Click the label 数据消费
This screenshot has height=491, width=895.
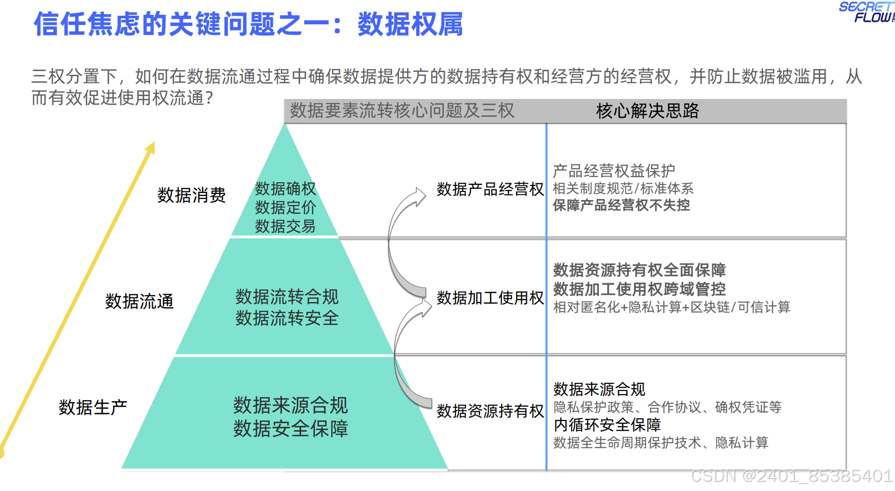[x=191, y=195]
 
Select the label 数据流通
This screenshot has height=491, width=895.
[x=139, y=301]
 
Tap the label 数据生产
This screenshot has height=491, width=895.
[x=92, y=407]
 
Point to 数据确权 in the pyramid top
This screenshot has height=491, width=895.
[x=285, y=189]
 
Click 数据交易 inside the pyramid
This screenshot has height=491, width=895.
[x=285, y=226]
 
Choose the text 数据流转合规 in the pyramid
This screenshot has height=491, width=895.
[x=286, y=297]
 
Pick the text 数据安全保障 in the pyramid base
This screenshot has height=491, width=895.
[x=291, y=429]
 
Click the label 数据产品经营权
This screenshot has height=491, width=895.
[x=490, y=189]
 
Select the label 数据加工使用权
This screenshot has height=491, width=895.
[x=490, y=298]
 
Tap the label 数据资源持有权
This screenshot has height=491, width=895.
[x=490, y=411]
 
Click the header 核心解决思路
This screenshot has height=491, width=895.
[x=647, y=111]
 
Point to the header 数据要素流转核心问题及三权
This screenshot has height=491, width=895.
[x=402, y=111]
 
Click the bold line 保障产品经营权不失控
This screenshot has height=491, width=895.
[x=621, y=205]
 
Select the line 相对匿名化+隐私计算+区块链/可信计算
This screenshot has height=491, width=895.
[x=672, y=307]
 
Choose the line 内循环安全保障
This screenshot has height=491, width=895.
[x=607, y=424]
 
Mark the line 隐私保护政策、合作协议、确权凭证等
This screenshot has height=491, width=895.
[x=667, y=407]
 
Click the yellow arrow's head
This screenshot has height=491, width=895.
[x=150, y=147]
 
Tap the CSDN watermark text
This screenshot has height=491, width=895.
[x=791, y=476]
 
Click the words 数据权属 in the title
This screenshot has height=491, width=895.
[x=410, y=24]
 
